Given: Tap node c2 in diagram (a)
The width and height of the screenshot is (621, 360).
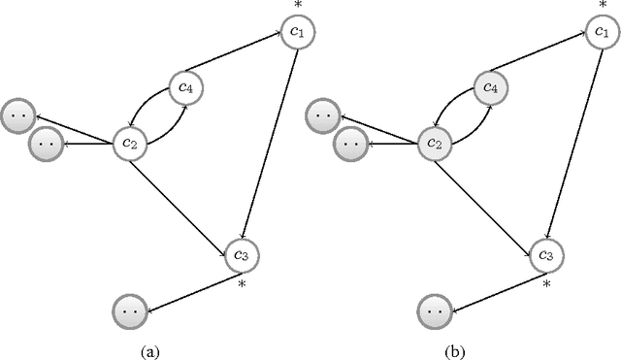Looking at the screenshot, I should click(130, 144).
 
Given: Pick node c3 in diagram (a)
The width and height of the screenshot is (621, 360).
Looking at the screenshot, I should click(243, 254).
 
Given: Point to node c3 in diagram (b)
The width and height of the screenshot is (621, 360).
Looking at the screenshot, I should click(546, 254).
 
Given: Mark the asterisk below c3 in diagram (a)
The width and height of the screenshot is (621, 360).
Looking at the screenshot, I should click(242, 284).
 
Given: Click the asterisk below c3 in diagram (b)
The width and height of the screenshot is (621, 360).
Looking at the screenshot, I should click(546, 284).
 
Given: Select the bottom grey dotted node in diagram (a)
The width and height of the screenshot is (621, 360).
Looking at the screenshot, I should click(129, 312).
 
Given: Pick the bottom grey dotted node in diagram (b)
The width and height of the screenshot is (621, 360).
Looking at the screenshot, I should click(434, 312).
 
